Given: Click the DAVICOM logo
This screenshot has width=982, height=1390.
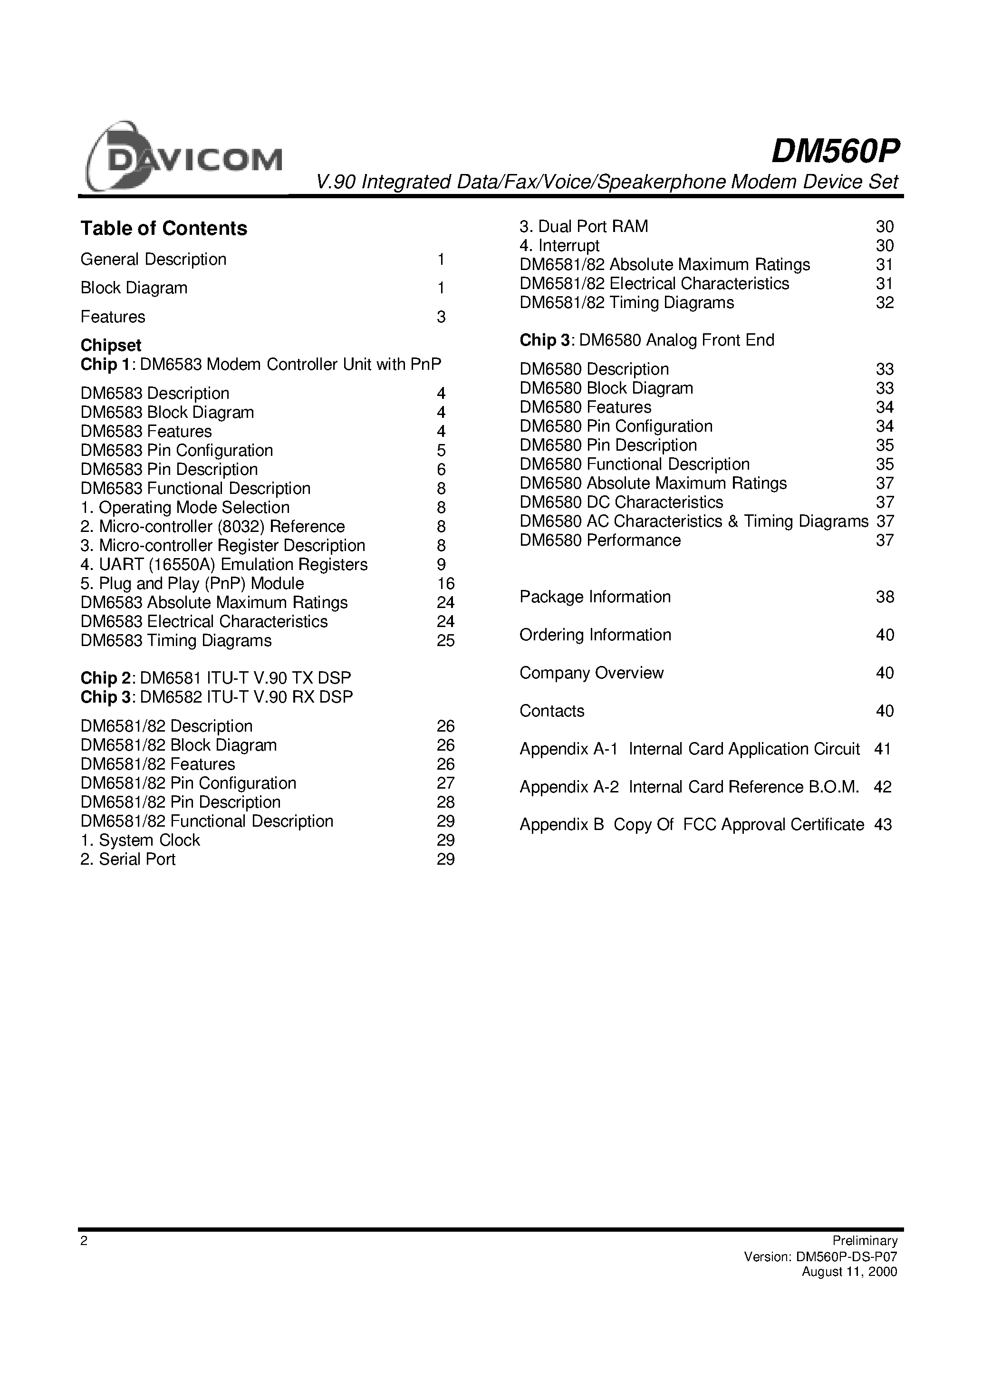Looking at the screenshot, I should pyautogui.click(x=183, y=157).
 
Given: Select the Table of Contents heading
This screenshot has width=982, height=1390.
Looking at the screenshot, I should pyautogui.click(x=164, y=228).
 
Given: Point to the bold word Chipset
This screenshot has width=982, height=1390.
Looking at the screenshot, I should pyautogui.click(x=111, y=345).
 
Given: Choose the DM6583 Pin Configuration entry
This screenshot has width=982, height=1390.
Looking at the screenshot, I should pyautogui.click(x=177, y=450).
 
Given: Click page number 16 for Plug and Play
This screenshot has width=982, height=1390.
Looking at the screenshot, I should pyautogui.click(x=445, y=584).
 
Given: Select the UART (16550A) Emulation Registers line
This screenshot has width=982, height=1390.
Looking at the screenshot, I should pyautogui.click(x=224, y=564).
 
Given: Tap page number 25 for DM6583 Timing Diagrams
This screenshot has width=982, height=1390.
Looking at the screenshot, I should pyautogui.click(x=445, y=640).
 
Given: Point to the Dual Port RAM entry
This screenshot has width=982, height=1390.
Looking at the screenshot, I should pyautogui.click(x=584, y=226).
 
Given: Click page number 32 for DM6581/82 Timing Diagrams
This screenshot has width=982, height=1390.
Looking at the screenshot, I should pyautogui.click(x=885, y=303).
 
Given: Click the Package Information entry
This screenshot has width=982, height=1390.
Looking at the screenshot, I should pyautogui.click(x=595, y=597).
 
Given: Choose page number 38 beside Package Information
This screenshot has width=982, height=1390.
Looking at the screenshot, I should pyautogui.click(x=885, y=597).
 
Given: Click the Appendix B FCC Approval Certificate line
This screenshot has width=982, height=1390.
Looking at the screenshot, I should pyautogui.click(x=692, y=825).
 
